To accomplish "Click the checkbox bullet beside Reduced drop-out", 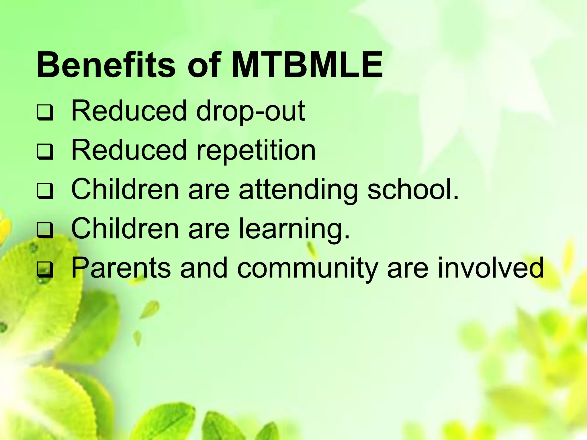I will pyautogui.click(x=45, y=113).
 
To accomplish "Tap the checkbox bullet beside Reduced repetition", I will pyautogui.click(x=45, y=152).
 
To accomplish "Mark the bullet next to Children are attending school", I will pyautogui.click(x=45, y=191).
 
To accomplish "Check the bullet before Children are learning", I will pyautogui.click(x=45, y=231).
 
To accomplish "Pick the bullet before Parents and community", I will pyautogui.click(x=45, y=270).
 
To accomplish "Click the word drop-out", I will pyautogui.click(x=251, y=111).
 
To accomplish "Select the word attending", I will pyautogui.click(x=298, y=190).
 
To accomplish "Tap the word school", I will pyautogui.click(x=413, y=189).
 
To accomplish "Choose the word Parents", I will pyautogui.click(x=121, y=268).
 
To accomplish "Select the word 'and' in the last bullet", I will pyautogui.click(x=204, y=268).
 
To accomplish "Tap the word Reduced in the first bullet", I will pyautogui.click(x=129, y=111).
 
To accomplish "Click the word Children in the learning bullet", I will pyautogui.click(x=125, y=229).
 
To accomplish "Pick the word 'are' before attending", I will pyautogui.click(x=209, y=190).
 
